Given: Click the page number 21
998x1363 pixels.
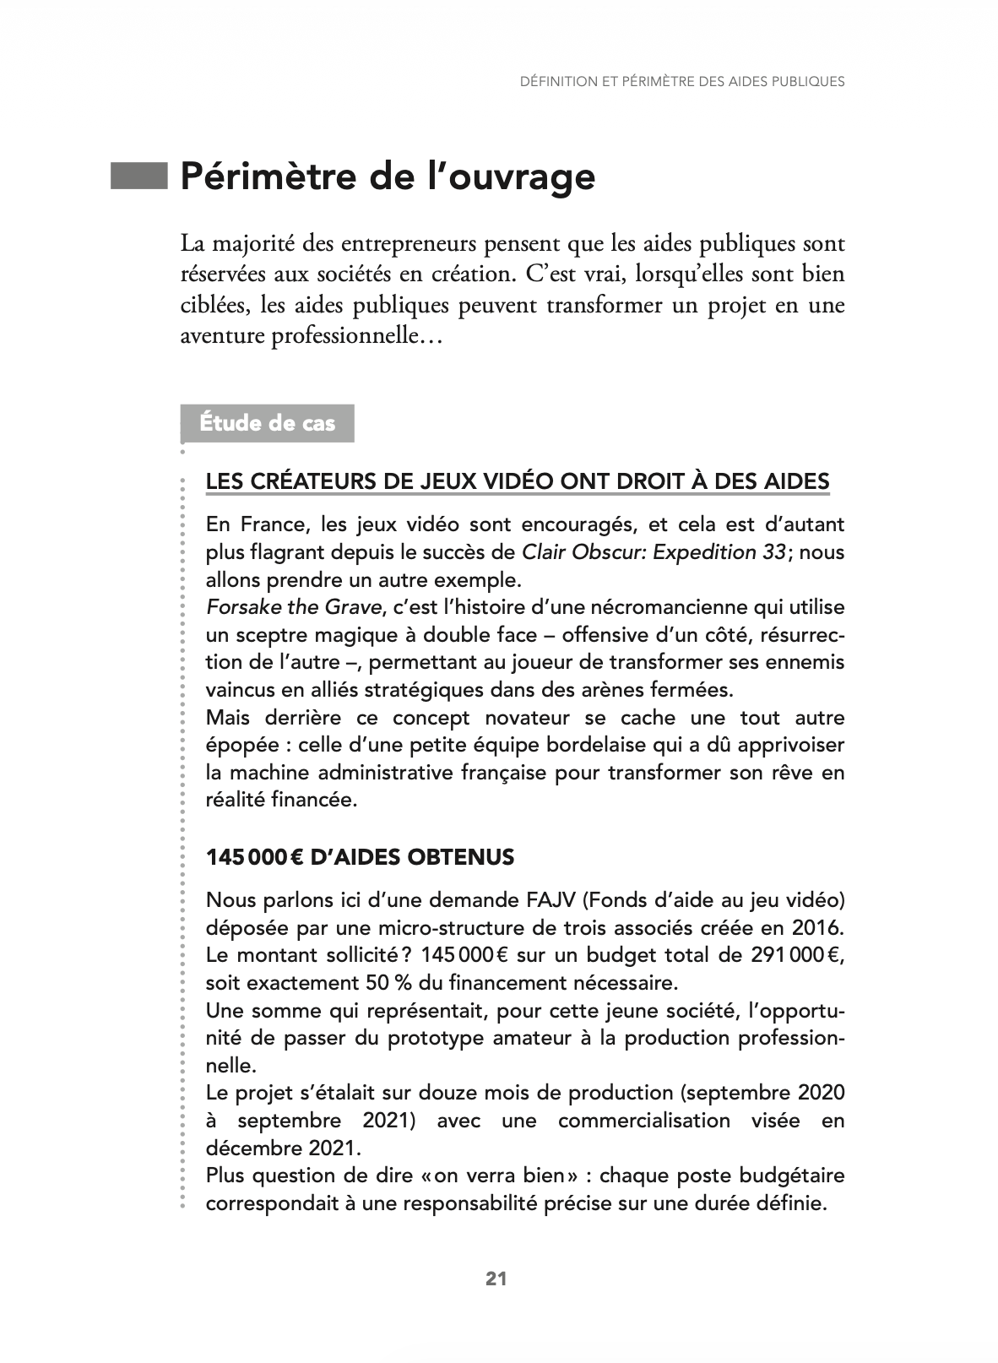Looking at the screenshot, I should pyautogui.click(x=496, y=1279).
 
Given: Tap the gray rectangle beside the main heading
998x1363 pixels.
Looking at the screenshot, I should pyautogui.click(x=140, y=176).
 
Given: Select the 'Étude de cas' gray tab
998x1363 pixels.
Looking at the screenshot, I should pyautogui.click(x=268, y=423).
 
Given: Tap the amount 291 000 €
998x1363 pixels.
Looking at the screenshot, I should pyautogui.click(x=796, y=955).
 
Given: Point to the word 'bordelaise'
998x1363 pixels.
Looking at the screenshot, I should pyautogui.click(x=639, y=745).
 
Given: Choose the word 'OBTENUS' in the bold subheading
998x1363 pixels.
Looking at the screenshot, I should pyautogui.click(x=461, y=857).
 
